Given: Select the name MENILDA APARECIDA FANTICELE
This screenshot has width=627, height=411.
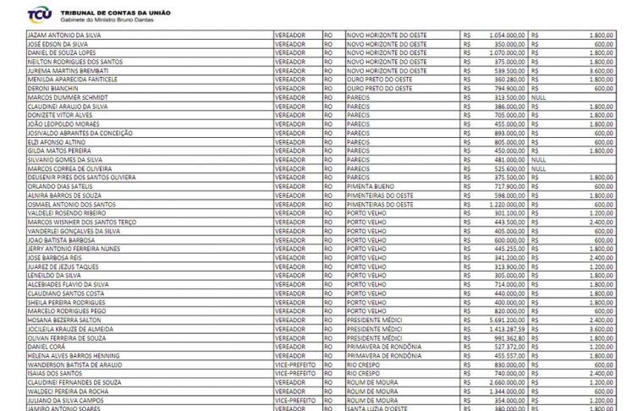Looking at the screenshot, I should point(72,79).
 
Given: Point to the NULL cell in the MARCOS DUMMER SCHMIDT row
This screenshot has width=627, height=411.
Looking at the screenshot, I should point(539,97).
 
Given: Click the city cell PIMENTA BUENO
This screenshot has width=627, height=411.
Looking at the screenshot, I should point(371,186).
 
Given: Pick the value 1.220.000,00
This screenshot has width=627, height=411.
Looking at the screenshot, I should point(506,204).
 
